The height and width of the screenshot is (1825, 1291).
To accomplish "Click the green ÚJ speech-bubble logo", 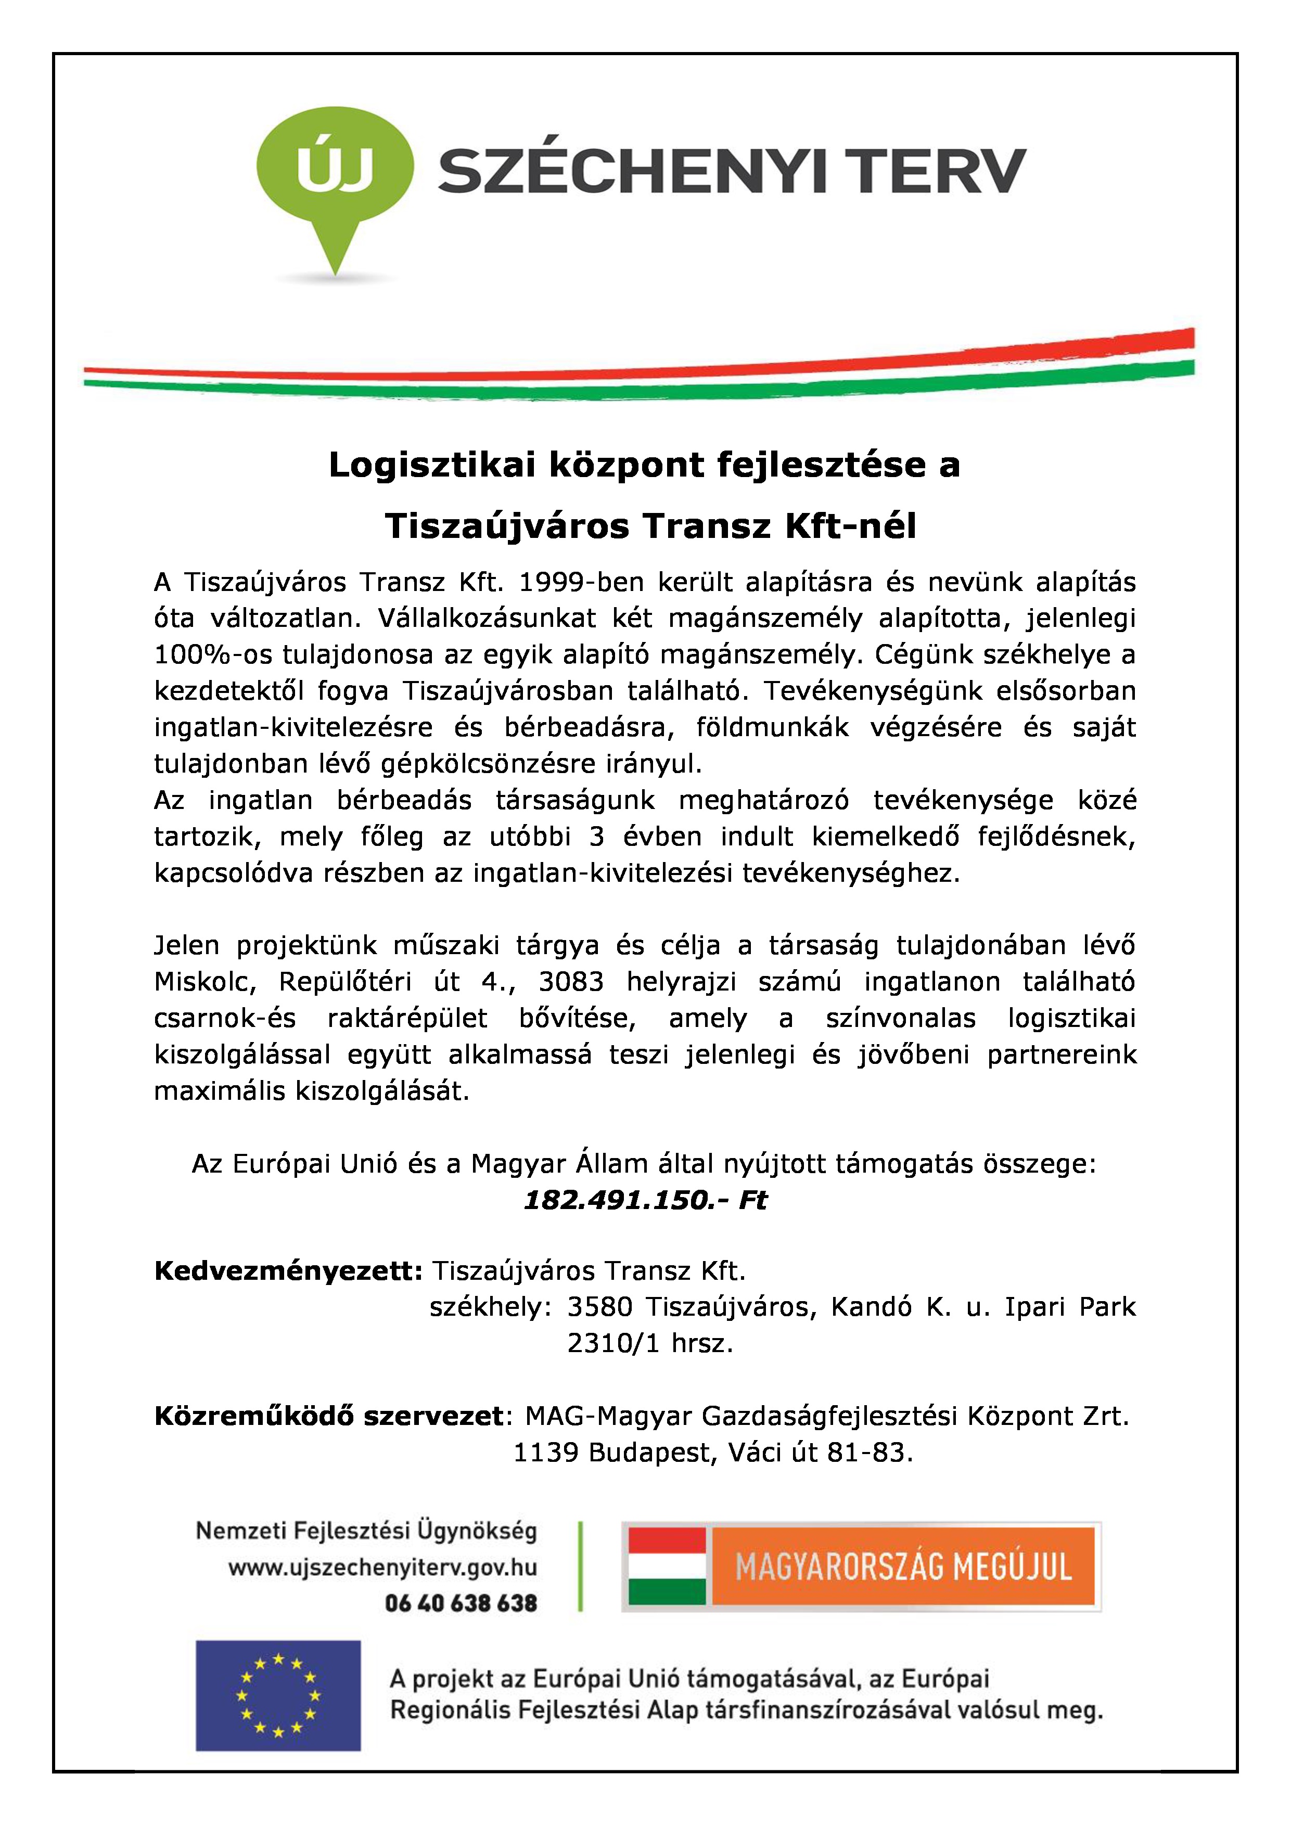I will pyautogui.click(x=335, y=171).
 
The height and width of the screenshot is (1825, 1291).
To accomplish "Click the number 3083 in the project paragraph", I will pyautogui.click(x=571, y=982).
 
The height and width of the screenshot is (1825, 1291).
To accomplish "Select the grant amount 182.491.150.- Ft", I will pyautogui.click(x=645, y=1200).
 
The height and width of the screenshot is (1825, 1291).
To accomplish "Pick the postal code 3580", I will pyautogui.click(x=599, y=1307).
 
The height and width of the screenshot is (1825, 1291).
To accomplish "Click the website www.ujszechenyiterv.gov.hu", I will pyautogui.click(x=382, y=1567).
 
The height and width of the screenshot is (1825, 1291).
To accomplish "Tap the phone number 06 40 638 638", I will pyautogui.click(x=461, y=1603).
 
